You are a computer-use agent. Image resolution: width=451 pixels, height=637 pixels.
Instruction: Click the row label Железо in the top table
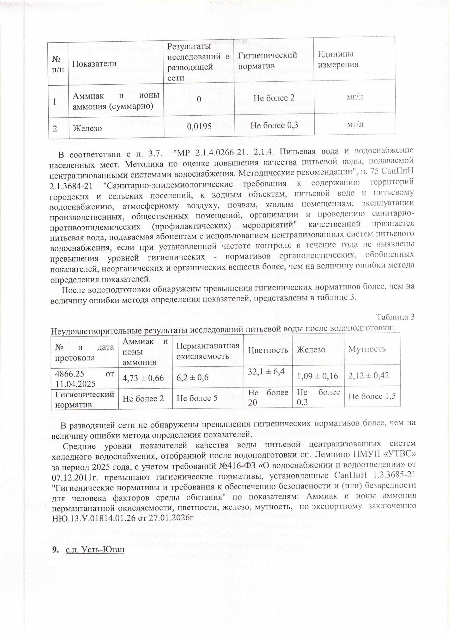(87, 128)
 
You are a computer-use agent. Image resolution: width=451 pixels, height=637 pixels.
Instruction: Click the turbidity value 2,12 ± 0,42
(368, 376)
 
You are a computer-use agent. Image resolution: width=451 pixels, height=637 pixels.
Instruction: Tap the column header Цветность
(268, 350)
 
